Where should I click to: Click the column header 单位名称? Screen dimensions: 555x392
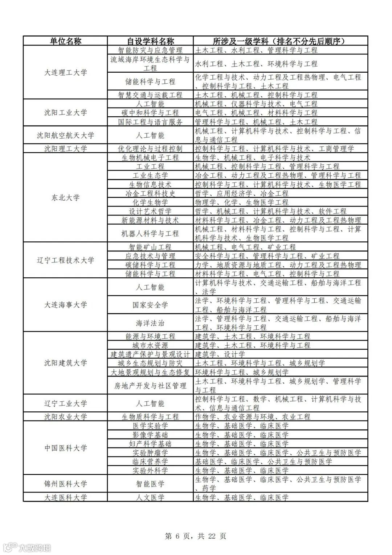[x=65, y=41]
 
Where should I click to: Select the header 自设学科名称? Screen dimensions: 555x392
[x=150, y=41]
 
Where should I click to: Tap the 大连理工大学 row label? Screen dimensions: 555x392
[x=65, y=72]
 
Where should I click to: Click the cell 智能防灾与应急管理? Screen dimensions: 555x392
[x=150, y=50]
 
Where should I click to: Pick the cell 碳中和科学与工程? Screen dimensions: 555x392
[x=150, y=113]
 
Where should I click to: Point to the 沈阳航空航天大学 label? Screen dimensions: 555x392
[x=65, y=135]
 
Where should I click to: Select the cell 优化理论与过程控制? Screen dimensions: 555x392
[x=150, y=149]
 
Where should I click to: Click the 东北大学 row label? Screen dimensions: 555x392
[x=65, y=198]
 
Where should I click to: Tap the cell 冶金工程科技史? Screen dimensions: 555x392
[x=150, y=193]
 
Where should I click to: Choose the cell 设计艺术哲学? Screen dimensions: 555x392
[x=150, y=211]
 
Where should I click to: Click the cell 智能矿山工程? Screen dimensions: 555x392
[x=150, y=247]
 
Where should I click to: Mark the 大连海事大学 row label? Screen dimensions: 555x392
[x=65, y=305]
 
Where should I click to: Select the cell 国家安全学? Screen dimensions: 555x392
[x=150, y=305]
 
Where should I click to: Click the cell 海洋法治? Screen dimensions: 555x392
[x=150, y=323]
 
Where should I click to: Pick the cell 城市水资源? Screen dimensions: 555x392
[x=150, y=345]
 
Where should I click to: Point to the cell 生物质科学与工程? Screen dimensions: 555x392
[x=150, y=417]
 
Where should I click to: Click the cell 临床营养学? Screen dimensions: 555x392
[x=150, y=462]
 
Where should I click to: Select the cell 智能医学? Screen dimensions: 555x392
[x=150, y=484]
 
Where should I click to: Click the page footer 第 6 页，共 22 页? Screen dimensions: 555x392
[x=196, y=536]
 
